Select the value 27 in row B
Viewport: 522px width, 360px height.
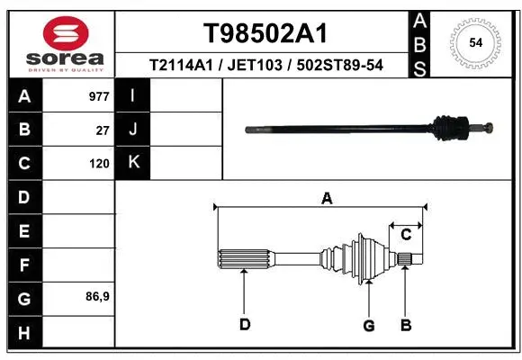(103, 130)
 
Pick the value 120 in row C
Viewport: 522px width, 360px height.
(99, 164)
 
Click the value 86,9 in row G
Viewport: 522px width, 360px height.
(97, 296)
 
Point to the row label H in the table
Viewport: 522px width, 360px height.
(23, 333)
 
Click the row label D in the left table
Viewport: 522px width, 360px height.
(23, 197)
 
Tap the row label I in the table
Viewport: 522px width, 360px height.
(132, 95)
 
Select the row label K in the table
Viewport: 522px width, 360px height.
(133, 163)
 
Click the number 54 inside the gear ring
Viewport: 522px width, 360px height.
(475, 42)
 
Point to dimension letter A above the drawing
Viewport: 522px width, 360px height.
(327, 198)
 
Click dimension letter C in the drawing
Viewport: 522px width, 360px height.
(406, 234)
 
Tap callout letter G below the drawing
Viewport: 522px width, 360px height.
(368, 325)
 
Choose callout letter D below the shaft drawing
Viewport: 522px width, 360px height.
(244, 325)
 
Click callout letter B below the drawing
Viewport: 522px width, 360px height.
(406, 325)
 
